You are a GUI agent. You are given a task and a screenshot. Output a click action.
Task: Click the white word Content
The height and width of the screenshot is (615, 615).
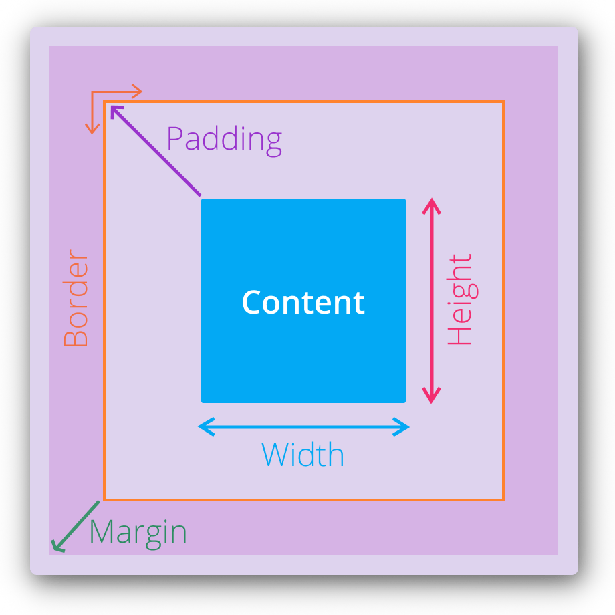click(x=303, y=302)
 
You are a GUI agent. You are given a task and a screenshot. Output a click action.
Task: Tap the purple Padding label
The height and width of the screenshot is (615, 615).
click(x=224, y=140)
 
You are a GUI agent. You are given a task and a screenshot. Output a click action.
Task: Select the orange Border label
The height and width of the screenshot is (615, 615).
click(x=76, y=299)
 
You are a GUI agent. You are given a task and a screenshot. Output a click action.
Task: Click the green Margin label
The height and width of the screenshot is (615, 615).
click(x=138, y=533)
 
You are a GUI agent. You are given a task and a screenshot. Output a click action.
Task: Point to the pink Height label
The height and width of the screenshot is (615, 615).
click(x=460, y=299)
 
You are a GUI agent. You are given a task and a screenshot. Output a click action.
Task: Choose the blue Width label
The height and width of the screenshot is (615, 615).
click(x=303, y=455)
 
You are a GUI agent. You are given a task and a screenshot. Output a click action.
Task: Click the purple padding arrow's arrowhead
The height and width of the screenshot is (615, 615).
click(x=115, y=110)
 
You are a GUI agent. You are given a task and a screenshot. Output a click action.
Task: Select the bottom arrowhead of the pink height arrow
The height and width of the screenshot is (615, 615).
click(x=432, y=398)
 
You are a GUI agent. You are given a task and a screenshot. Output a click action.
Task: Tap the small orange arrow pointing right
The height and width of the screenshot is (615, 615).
click(x=136, y=92)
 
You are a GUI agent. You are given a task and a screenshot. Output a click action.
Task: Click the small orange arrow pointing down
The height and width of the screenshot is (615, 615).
click(x=93, y=128)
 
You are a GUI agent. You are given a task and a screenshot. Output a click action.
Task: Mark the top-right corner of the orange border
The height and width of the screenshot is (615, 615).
click(x=503, y=102)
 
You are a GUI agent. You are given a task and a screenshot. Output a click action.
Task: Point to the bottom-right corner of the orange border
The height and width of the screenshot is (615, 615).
click(x=503, y=499)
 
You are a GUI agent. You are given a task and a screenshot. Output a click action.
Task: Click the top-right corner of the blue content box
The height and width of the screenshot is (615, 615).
click(x=404, y=200)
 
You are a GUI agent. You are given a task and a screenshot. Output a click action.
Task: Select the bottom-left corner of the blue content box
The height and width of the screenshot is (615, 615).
click(x=203, y=402)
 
